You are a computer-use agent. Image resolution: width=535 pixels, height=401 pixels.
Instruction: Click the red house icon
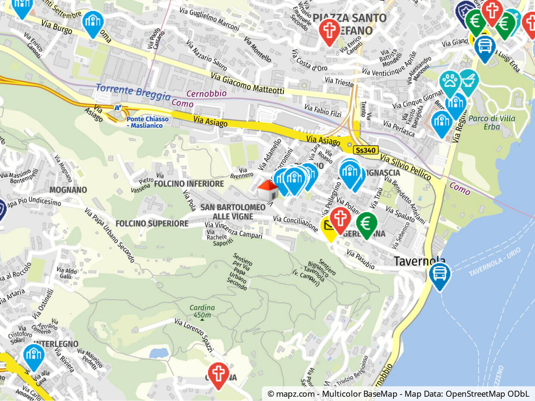coord(268,190)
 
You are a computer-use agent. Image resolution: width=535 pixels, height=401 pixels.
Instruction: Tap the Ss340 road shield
coord(366,151)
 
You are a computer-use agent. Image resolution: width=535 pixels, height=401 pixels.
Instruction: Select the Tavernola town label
coord(419,261)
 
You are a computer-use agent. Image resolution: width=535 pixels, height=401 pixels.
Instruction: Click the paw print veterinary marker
coord(450,81)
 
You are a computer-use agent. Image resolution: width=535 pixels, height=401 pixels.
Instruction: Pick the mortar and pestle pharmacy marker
coord(468,80)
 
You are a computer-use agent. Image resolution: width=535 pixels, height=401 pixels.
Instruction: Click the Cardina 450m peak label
coord(202,311)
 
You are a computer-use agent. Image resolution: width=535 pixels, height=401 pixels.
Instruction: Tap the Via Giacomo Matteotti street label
coord(247,83)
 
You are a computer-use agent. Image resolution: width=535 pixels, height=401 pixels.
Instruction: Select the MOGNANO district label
coord(68,190)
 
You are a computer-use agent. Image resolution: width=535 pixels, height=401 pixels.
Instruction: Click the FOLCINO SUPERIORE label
coord(152,223)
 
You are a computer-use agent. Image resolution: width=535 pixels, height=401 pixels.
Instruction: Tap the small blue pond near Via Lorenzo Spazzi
coord(159,353)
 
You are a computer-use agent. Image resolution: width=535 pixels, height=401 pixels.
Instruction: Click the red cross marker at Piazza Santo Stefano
coord(329,30)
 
